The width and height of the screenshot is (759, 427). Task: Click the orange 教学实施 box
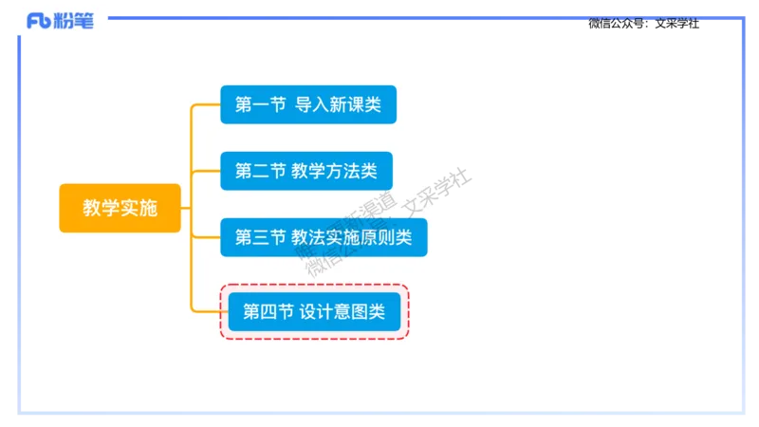120,208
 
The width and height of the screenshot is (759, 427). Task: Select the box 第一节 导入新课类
308,104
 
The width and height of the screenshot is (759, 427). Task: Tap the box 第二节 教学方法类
306,171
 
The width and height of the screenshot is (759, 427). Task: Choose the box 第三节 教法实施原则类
324,237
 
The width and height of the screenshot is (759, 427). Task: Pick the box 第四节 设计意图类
314,311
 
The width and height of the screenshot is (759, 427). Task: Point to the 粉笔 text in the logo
77,21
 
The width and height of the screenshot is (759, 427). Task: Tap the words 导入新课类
338,104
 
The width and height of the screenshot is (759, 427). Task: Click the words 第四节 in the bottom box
268,311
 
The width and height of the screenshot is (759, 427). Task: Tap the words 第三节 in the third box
260,237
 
